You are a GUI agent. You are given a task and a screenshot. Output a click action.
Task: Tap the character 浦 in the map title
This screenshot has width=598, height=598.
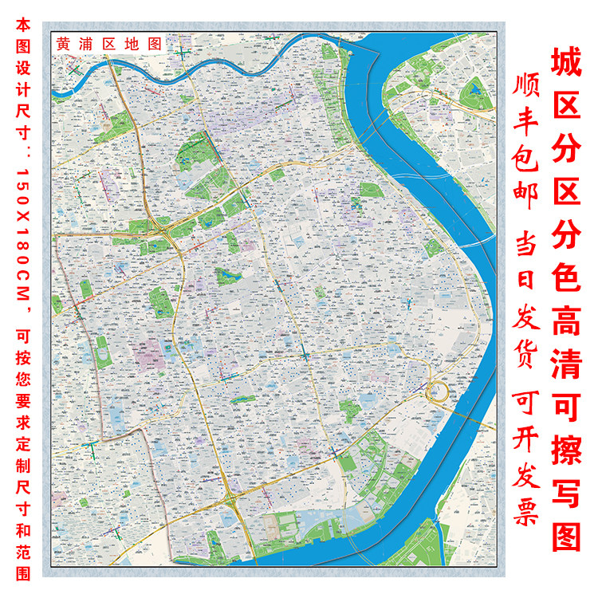click(x=87, y=45)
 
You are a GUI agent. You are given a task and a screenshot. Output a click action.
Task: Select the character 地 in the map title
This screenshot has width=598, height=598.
click(x=131, y=45)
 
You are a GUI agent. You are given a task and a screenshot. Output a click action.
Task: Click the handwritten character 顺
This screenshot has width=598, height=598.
click(x=525, y=86)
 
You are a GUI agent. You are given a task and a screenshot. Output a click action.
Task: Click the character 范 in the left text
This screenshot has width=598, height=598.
click(x=22, y=555)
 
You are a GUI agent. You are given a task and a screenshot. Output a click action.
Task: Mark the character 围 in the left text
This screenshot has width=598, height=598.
click(x=22, y=574)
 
